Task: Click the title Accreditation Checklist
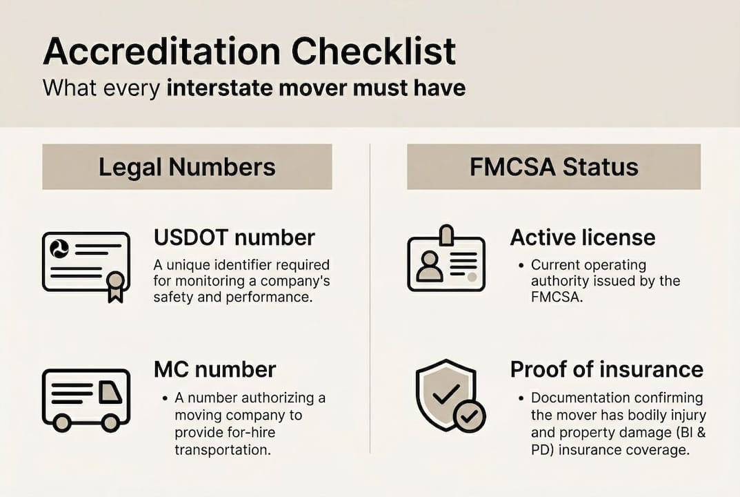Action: (x=249, y=52)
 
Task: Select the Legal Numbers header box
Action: (x=187, y=167)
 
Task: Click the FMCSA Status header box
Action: (x=553, y=167)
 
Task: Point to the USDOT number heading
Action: (x=234, y=237)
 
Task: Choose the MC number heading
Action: (x=214, y=369)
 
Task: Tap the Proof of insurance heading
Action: (x=606, y=369)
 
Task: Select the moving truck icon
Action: (x=86, y=399)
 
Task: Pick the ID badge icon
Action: (x=446, y=260)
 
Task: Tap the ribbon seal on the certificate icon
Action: (x=115, y=284)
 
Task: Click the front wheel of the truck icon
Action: (x=110, y=423)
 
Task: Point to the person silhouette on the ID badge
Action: (x=430, y=266)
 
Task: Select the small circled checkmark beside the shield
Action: (x=470, y=416)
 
